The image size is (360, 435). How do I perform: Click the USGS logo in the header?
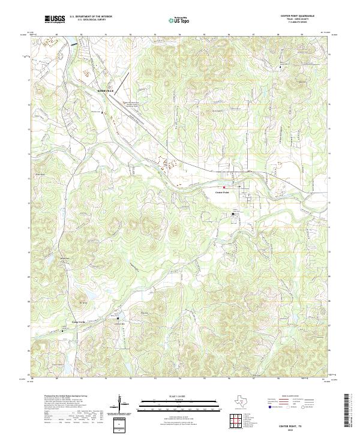[x=55, y=19]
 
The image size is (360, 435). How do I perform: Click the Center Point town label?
[x=222, y=192]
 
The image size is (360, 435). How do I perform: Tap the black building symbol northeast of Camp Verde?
[x=118, y=318]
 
